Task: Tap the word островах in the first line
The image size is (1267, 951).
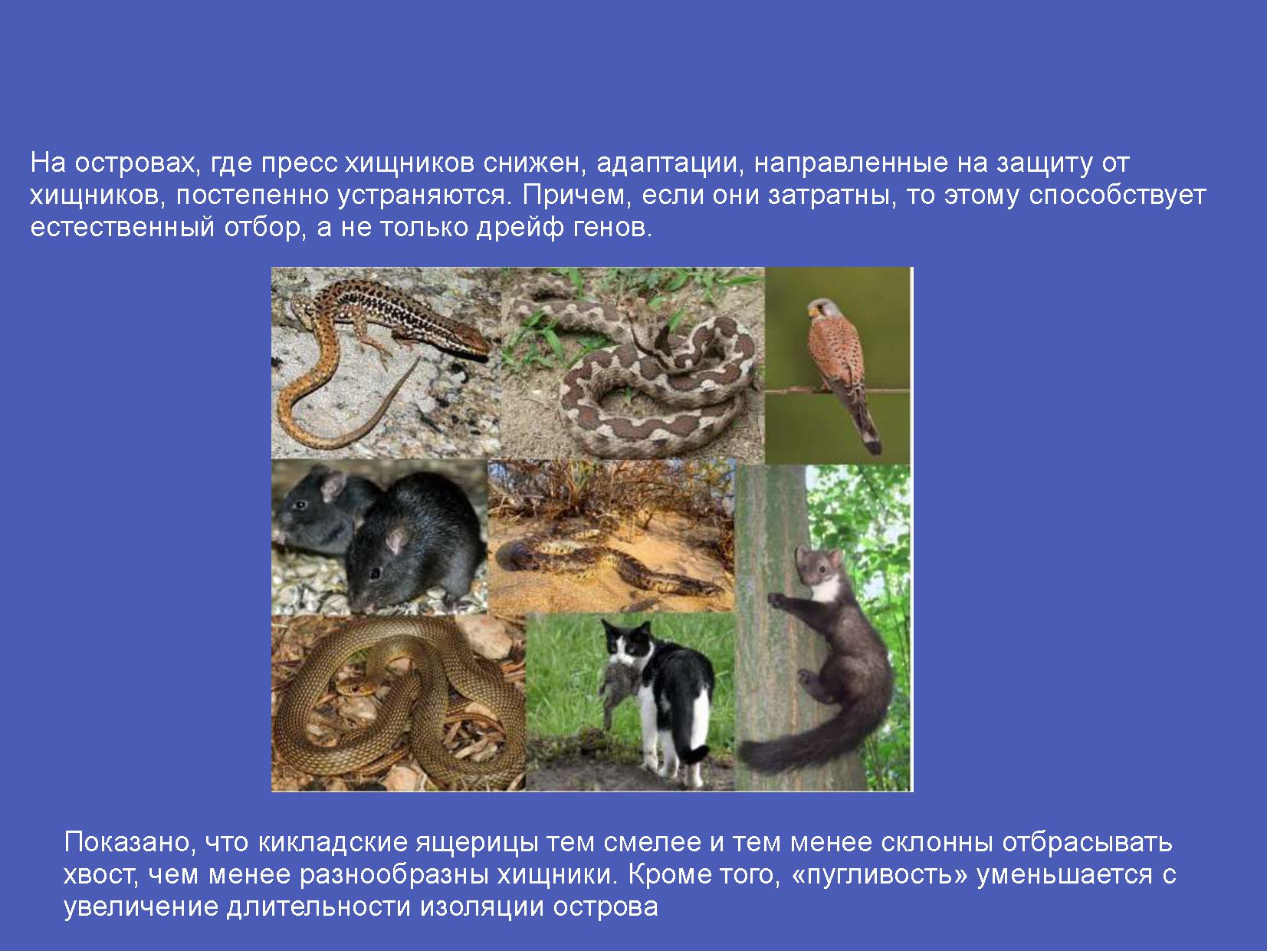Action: (136, 163)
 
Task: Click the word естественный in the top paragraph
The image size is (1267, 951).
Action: (123, 229)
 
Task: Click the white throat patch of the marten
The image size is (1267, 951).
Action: (826, 590)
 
